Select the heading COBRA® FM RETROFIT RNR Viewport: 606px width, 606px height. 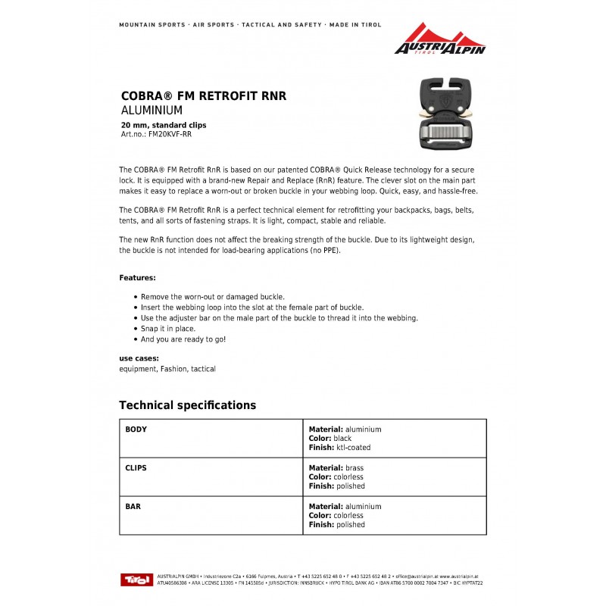[204, 97]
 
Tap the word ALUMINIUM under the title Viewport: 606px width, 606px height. [151, 111]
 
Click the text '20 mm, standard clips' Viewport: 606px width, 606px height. [164, 125]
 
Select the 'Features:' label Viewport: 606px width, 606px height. [138, 278]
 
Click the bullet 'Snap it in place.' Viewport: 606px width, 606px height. [168, 329]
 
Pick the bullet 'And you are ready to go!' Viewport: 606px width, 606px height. [183, 339]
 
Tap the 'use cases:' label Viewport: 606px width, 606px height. [139, 358]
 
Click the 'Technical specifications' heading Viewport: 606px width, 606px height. [188, 405]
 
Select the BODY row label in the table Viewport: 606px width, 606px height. [136, 430]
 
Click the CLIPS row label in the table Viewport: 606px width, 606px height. [136, 468]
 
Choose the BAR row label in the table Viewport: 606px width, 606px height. [133, 507]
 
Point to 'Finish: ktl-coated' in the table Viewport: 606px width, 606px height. [340, 448]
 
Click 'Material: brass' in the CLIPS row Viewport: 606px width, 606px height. [336, 468]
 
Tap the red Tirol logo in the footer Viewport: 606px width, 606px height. [137, 579]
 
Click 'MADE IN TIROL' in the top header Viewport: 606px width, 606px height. [354, 25]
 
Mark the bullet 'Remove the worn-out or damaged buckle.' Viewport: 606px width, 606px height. [213, 297]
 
